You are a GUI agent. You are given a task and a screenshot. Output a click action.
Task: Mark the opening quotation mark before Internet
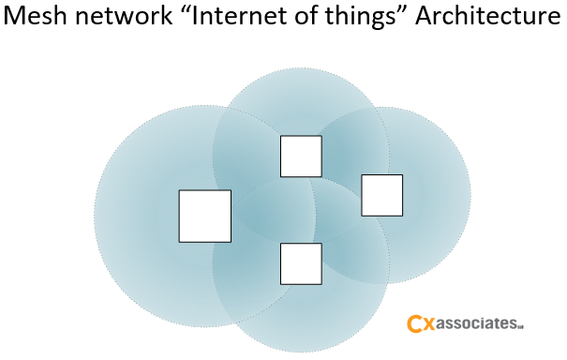tap(184, 12)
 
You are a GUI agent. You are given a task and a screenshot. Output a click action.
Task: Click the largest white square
tap(204, 216)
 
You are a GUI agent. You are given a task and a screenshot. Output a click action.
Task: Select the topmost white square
tap(301, 156)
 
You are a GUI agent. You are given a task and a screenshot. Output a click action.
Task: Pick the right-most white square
tap(381, 195)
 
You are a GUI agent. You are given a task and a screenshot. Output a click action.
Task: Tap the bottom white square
tap(301, 263)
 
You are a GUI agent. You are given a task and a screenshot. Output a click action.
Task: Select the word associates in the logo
tap(478, 324)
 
